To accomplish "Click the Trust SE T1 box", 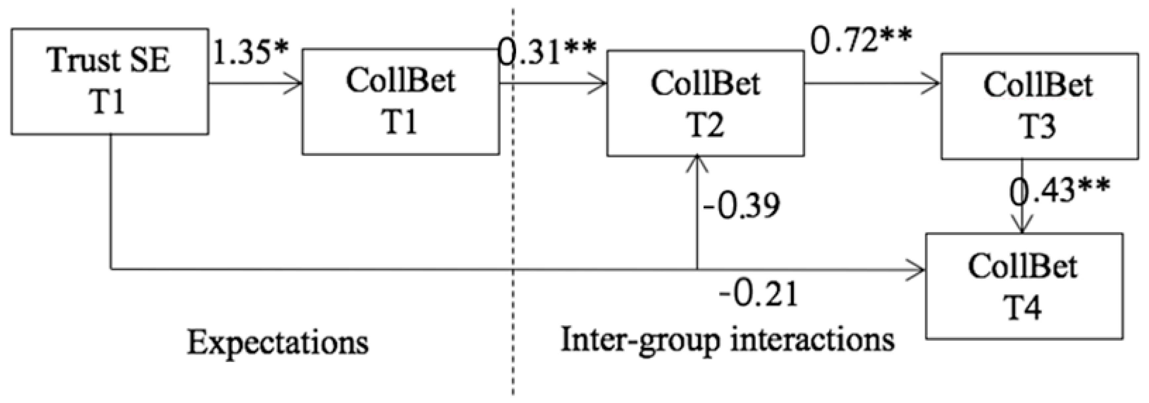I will pos(109,81).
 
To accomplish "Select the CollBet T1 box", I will pos(400,102).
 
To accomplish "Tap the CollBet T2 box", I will pos(705,103).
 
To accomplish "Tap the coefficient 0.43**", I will pos(1059,190).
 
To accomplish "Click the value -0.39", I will pos(741,206).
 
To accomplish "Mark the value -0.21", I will pos(758,295).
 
